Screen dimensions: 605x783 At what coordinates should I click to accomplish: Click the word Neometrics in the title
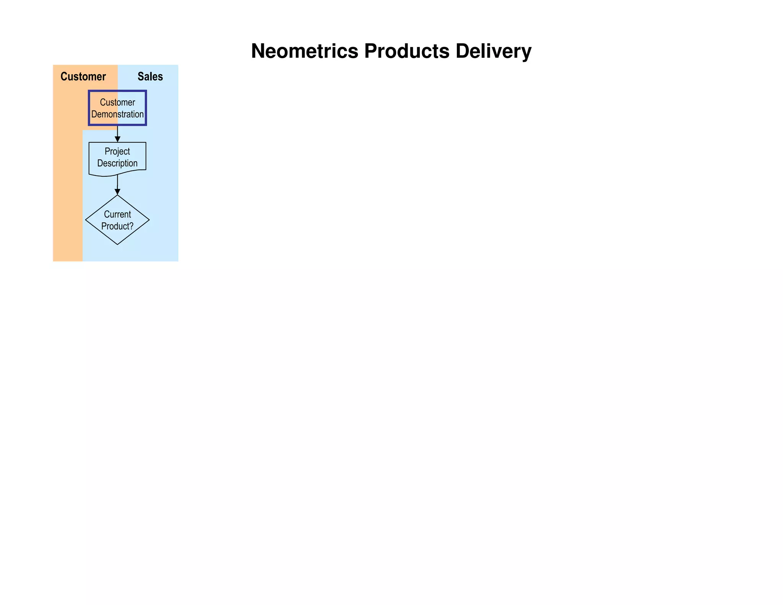(x=304, y=51)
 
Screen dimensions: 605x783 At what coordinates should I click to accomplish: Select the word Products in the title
(x=406, y=51)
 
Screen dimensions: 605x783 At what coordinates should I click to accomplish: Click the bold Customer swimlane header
(x=83, y=76)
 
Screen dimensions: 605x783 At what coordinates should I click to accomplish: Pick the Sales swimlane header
(x=150, y=76)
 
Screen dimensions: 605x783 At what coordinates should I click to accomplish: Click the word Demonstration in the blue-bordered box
(x=117, y=114)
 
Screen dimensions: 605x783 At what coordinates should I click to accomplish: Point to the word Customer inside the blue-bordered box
(x=117, y=102)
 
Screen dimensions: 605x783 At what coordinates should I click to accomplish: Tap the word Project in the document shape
(x=117, y=151)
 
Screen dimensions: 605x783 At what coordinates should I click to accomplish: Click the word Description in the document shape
(x=117, y=163)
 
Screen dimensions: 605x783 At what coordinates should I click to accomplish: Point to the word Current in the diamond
(x=117, y=215)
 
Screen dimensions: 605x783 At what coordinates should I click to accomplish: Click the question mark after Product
(x=131, y=226)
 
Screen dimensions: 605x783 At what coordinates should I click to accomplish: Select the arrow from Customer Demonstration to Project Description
(x=117, y=134)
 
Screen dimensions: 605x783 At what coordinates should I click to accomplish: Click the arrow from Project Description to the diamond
(x=117, y=185)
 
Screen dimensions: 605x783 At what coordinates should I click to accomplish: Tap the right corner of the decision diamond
(x=148, y=220)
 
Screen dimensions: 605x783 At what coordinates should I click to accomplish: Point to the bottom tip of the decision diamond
(x=117, y=244)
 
